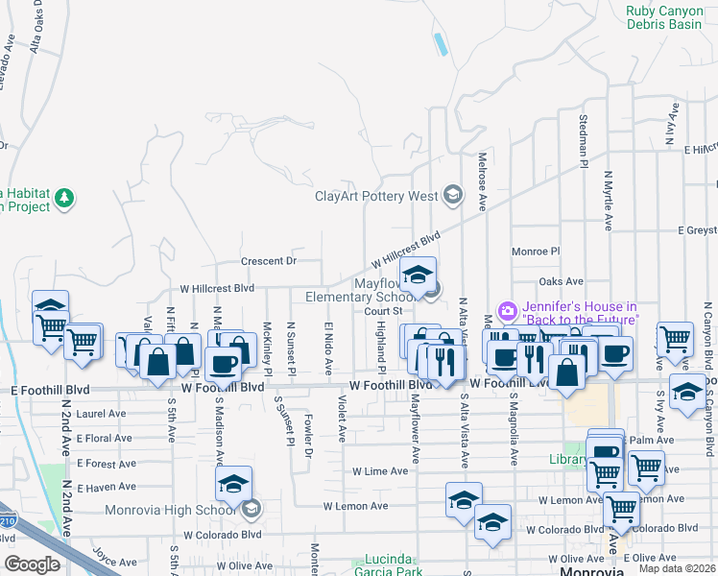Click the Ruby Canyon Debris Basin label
click(664, 17)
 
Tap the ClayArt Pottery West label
click(377, 197)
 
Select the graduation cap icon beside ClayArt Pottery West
click(452, 197)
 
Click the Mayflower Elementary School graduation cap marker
click(418, 276)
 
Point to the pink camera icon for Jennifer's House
click(508, 312)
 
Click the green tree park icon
click(65, 199)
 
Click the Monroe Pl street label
click(536, 251)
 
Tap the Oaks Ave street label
click(562, 281)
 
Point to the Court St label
click(382, 310)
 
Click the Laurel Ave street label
click(102, 414)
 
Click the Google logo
click(32, 564)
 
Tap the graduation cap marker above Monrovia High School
click(233, 485)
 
